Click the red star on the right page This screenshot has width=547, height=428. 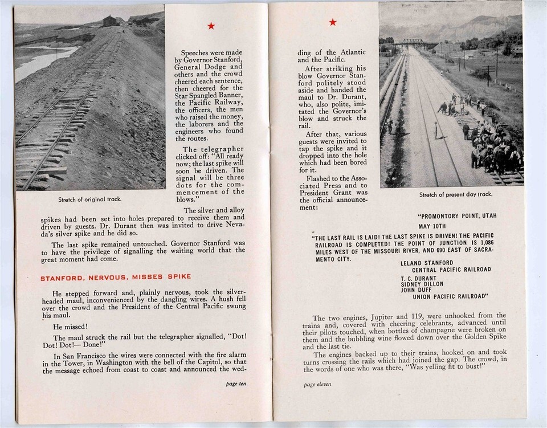(x=333, y=22)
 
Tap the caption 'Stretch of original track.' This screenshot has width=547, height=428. (x=90, y=199)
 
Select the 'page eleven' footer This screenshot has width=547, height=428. (x=317, y=385)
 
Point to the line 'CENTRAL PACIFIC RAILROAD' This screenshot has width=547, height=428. (x=451, y=270)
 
